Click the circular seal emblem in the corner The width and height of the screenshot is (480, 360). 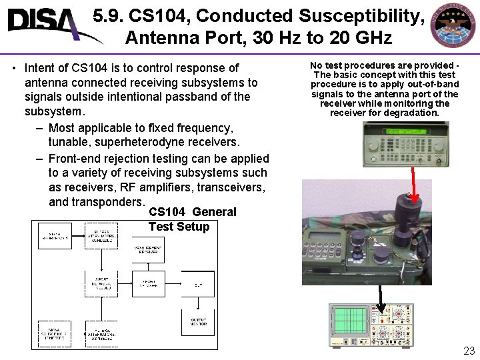tap(453, 26)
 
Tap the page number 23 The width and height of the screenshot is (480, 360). tap(469, 351)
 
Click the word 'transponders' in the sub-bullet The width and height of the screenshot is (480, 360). tap(96, 201)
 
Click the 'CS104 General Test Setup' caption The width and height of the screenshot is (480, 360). tap(192, 219)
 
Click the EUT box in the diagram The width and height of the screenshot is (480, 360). tap(198, 284)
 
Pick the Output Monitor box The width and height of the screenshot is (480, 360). tap(198, 323)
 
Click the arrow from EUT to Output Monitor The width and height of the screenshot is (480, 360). tap(198, 305)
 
